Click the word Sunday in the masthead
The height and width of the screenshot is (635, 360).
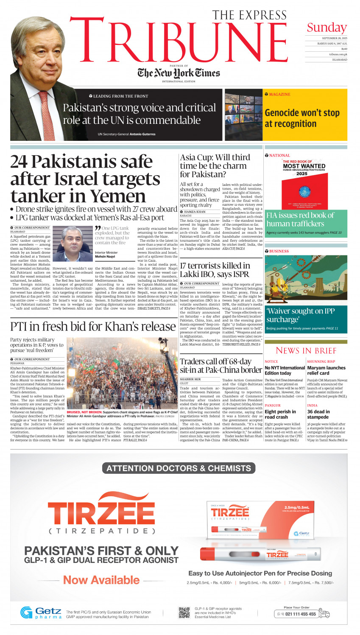(x=327, y=28)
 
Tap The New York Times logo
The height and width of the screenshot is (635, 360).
(x=179, y=73)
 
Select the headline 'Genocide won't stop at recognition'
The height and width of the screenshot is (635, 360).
(x=302, y=118)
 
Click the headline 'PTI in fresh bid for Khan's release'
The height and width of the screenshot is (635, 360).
(x=93, y=327)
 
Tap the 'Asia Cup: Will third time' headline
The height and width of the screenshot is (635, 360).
(x=215, y=166)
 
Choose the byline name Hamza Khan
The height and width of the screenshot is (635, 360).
(x=195, y=212)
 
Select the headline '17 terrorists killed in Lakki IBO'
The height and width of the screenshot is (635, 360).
(x=215, y=270)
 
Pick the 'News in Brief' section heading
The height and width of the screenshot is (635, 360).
(x=306, y=350)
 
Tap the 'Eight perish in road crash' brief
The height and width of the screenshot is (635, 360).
(x=280, y=414)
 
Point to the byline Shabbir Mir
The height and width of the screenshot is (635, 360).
(x=190, y=379)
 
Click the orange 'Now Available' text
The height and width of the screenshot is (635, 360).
(x=101, y=580)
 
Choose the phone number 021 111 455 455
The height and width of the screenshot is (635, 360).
(x=300, y=614)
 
